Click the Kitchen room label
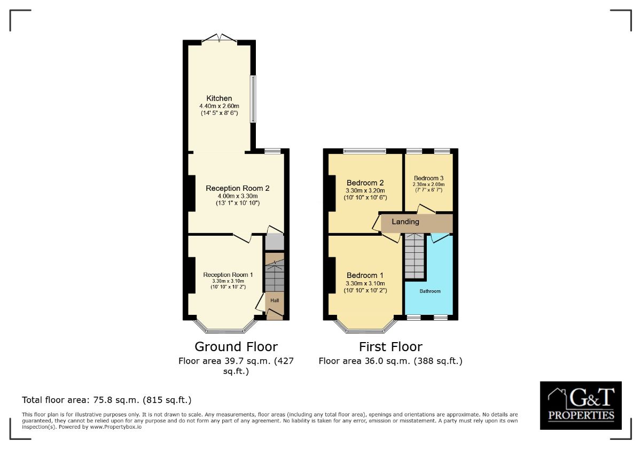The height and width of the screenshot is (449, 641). tap(220, 98)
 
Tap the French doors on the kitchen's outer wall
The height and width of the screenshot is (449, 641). tap(220, 39)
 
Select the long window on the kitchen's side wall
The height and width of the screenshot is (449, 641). tap(254, 98)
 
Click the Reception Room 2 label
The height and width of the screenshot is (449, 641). tap(237, 188)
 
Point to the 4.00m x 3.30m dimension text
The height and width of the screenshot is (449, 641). tap(237, 196)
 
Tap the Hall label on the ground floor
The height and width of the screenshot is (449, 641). tap(275, 300)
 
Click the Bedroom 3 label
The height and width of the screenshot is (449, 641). tap(428, 178)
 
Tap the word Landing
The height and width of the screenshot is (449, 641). tap(405, 221)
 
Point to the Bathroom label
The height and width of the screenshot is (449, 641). tap(430, 291)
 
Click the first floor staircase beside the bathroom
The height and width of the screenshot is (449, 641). tap(415, 257)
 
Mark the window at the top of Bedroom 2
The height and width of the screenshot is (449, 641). tap(364, 152)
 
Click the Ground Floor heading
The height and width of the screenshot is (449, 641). tap(236, 346)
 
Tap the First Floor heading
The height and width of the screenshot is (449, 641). tap(390, 346)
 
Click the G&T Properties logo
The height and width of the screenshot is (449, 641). tap(581, 405)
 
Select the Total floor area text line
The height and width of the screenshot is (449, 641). tap(107, 400)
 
